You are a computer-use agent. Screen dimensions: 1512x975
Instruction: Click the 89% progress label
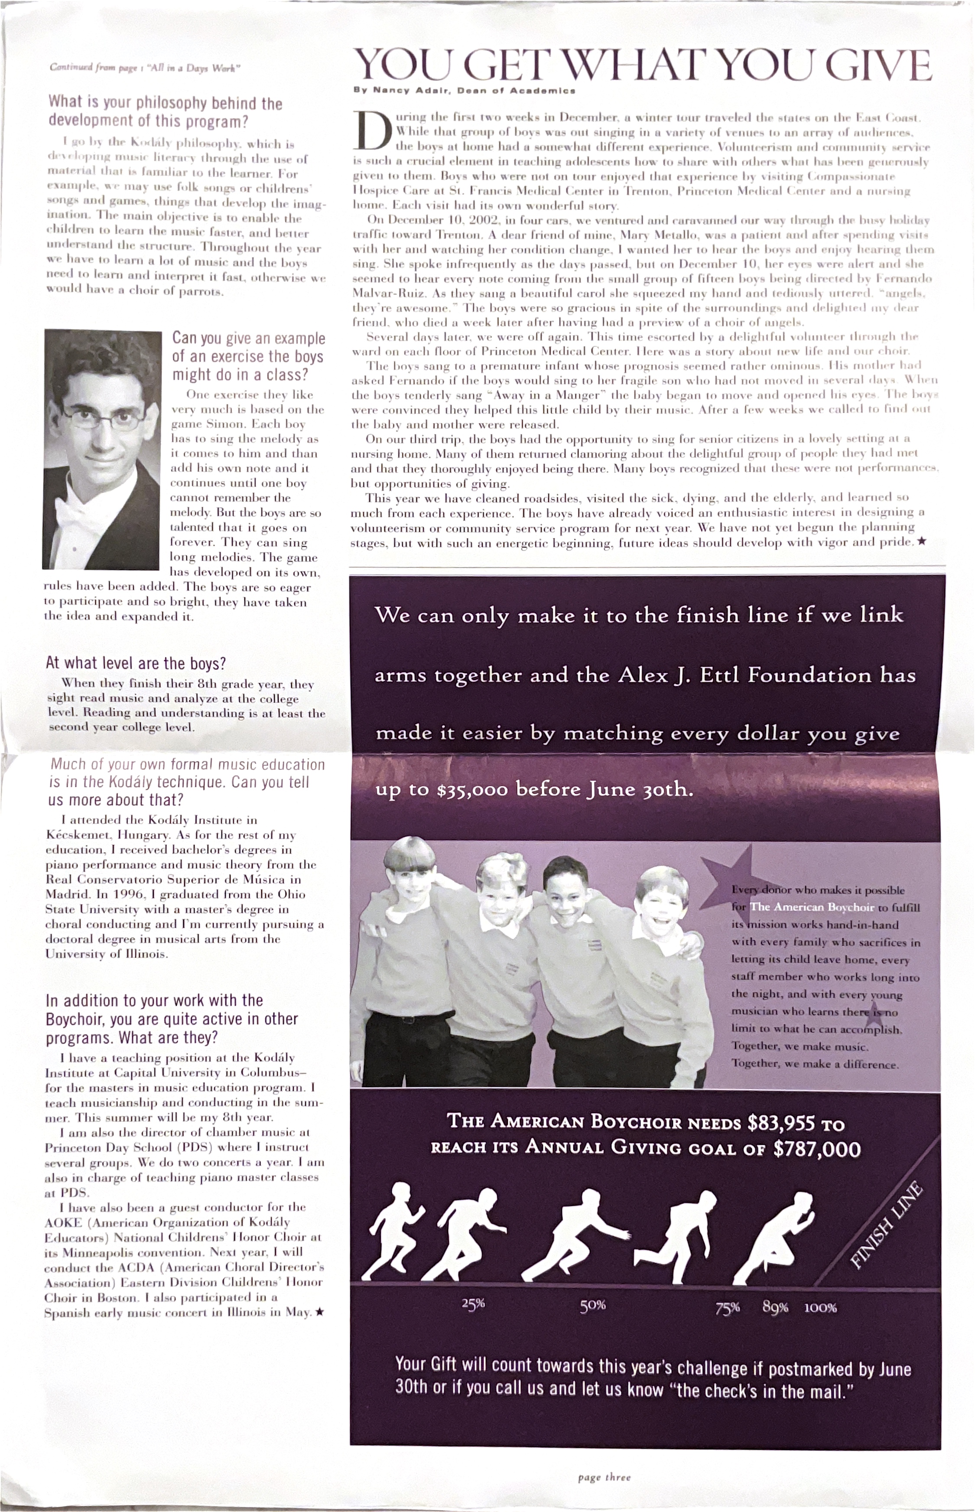pyautogui.click(x=775, y=1307)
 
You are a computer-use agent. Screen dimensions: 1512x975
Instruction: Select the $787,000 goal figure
pyautogui.click(x=817, y=1149)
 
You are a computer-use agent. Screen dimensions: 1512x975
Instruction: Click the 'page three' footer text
pyautogui.click(x=604, y=1478)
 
